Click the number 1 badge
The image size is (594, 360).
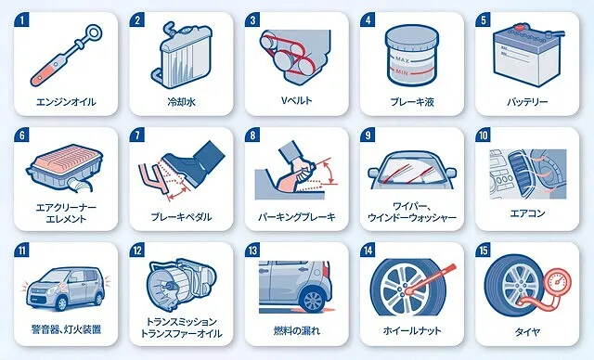(21, 19)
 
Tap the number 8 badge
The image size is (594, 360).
(252, 135)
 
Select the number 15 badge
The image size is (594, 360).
(483, 251)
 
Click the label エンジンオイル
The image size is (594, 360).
(66, 102)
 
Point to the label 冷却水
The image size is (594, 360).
(182, 102)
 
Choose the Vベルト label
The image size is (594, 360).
(297, 101)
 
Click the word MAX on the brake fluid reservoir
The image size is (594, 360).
(402, 59)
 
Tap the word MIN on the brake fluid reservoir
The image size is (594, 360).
(402, 71)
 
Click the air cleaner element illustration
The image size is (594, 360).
(65, 167)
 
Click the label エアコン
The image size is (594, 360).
(527, 213)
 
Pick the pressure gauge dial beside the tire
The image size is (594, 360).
(557, 282)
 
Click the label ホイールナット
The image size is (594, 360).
(412, 330)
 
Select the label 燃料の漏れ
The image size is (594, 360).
(297, 330)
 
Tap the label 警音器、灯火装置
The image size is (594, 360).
(66, 329)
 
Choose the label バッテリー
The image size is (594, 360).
(527, 102)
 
